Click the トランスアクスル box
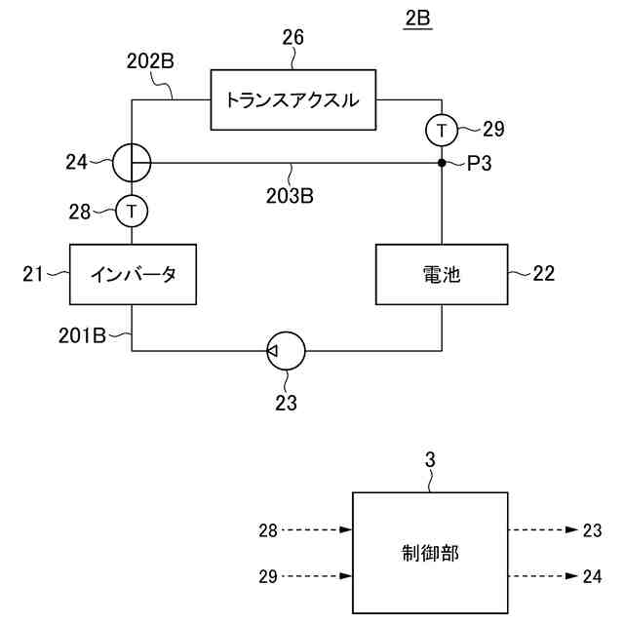293,98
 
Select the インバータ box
133,274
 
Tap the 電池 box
442,274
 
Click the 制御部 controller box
429,553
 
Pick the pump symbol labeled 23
285,348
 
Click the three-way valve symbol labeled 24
132,163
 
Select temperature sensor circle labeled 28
132,209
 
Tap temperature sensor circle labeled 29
442,128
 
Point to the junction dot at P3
442,163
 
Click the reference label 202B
150,60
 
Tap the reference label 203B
289,194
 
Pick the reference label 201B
81,336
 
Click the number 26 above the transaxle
292,39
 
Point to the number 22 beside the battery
544,274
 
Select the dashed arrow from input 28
318,530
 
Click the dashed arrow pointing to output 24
542,577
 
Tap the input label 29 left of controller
269,577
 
